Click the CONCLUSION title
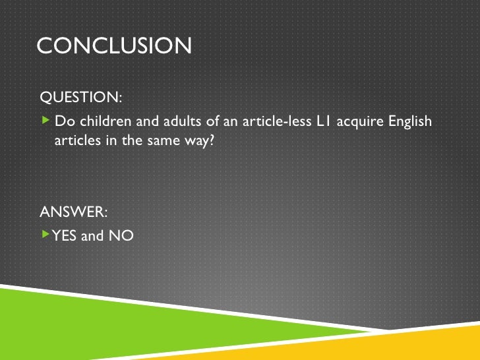(114, 45)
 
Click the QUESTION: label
(81, 98)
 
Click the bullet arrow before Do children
(45, 121)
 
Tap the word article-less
(269, 122)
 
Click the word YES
(65, 235)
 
